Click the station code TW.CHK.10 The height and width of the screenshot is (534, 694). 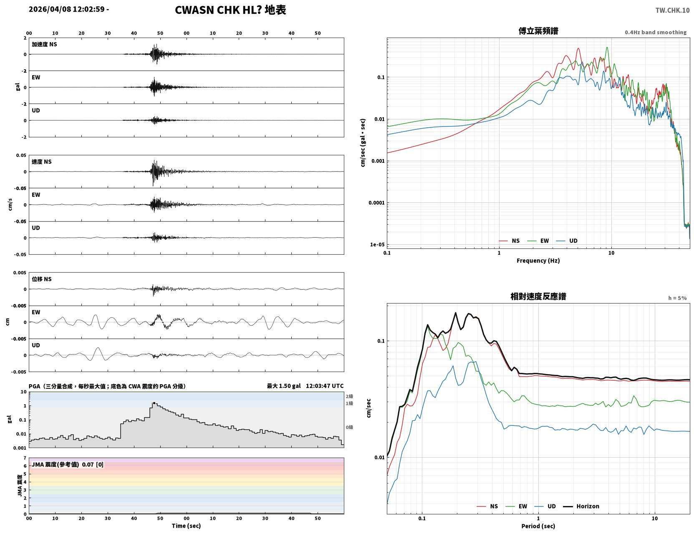(x=672, y=10)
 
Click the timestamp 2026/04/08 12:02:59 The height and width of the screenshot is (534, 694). (x=66, y=9)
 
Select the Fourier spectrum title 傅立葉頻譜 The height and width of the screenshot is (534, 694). (x=538, y=31)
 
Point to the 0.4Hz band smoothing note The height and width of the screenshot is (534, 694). (x=655, y=32)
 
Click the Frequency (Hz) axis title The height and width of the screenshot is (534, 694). (x=538, y=261)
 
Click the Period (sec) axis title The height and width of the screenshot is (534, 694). (x=538, y=526)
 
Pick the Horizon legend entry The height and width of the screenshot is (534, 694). (x=581, y=506)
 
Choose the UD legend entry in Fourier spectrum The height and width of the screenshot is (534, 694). (x=567, y=241)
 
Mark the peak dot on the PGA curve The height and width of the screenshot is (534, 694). (x=154, y=403)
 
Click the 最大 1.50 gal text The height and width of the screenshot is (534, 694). (x=284, y=386)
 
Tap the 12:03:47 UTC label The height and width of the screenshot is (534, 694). (x=325, y=386)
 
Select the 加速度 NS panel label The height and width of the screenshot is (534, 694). (x=44, y=44)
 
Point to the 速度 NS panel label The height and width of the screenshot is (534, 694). (x=41, y=162)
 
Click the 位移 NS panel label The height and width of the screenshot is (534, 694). (x=41, y=279)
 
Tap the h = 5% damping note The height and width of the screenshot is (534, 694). (x=677, y=298)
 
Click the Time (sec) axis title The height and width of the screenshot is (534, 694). (x=186, y=526)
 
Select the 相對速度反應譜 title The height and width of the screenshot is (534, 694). (x=538, y=296)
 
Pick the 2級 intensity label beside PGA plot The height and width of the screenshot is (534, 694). (x=349, y=396)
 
